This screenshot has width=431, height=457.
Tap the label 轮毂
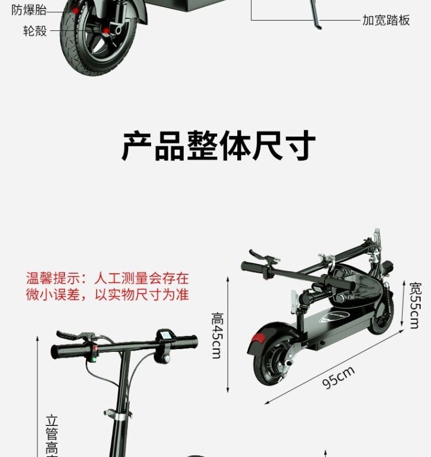[x=35, y=30]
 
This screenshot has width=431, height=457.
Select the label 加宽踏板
[x=386, y=20]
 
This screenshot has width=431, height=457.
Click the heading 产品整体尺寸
[x=218, y=146]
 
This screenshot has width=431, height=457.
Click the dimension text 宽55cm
[x=415, y=305]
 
